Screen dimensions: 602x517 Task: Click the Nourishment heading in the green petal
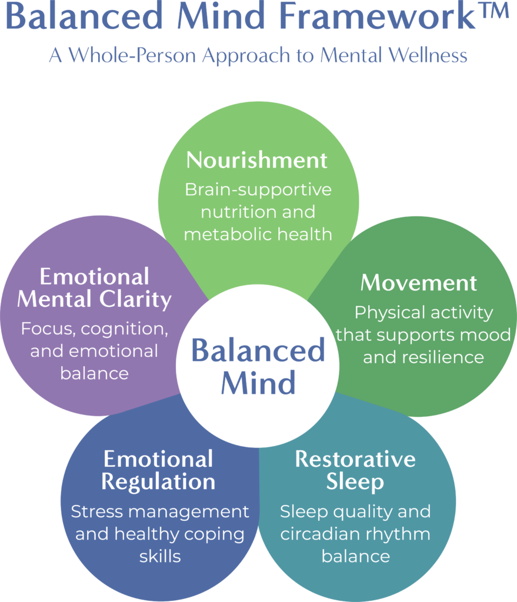pos(257,160)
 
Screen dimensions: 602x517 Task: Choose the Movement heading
pos(419,283)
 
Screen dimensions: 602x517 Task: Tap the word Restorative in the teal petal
pos(355,459)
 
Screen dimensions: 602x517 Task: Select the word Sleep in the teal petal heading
pos(355,481)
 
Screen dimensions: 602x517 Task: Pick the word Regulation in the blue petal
pos(158,481)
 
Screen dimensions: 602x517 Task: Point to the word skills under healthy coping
pos(159,556)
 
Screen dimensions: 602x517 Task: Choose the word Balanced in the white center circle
pos(258,351)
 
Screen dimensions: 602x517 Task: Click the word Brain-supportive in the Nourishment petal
pos(258,190)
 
